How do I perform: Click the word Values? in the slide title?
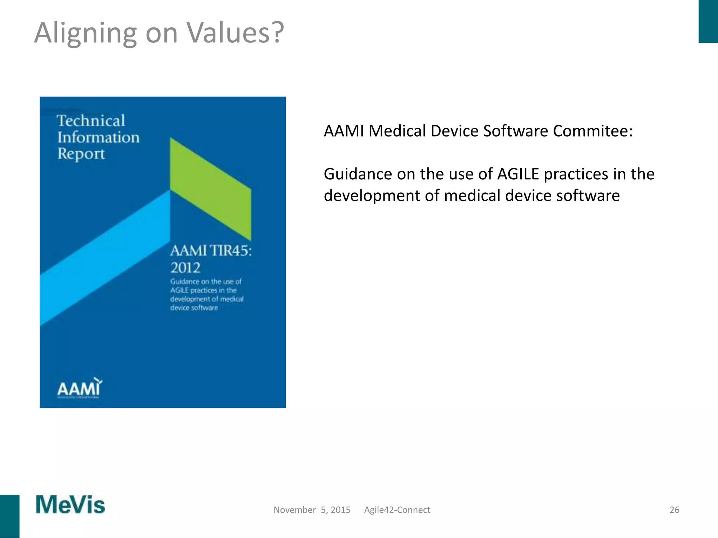[235, 33]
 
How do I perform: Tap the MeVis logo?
[70, 505]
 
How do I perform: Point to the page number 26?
[674, 510]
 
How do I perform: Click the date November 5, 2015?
[312, 510]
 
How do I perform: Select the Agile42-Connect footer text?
[397, 510]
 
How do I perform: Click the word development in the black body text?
[371, 195]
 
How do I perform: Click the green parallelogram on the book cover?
[210, 189]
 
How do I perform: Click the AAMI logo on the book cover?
[80, 388]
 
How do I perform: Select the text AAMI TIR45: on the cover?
[211, 251]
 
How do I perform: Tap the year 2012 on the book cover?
[185, 268]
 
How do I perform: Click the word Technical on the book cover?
[91, 121]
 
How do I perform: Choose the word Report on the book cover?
[81, 154]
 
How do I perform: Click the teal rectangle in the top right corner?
[708, 21]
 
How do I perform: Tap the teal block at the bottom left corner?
[9, 516]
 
